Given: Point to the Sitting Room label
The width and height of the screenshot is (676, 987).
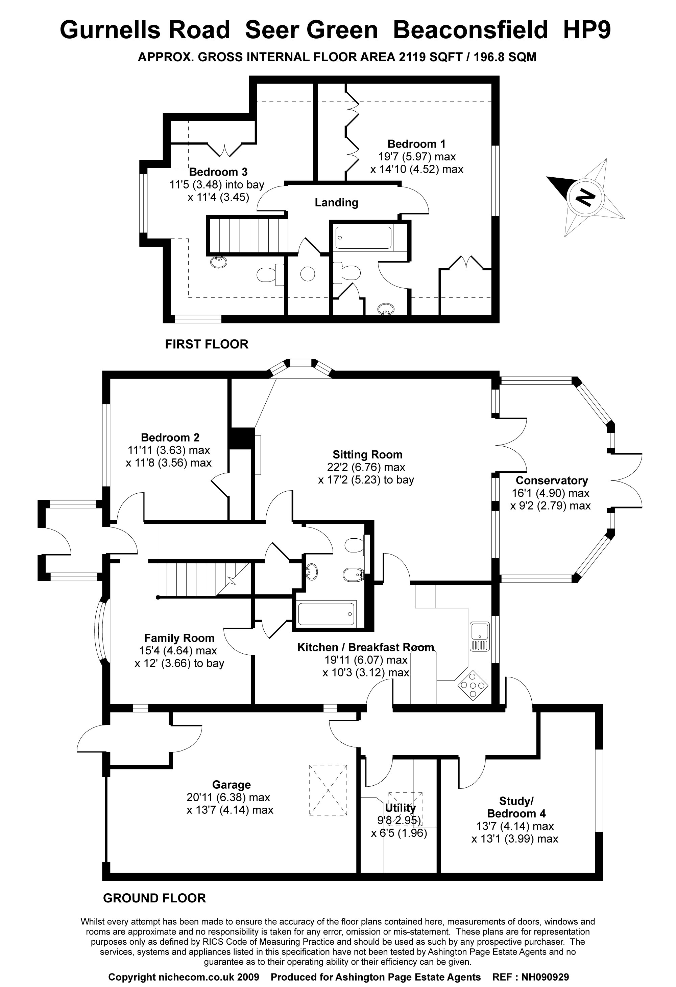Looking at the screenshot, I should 367,454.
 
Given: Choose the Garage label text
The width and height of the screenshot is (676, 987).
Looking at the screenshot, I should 231,785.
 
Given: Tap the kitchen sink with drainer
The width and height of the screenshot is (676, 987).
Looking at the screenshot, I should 480,636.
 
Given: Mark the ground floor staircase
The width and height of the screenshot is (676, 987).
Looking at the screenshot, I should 199,580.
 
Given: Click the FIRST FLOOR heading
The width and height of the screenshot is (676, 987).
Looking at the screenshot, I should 206,344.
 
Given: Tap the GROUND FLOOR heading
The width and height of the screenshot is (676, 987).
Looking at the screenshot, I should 154,898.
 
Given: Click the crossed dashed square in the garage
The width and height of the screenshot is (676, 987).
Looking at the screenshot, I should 328,790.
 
